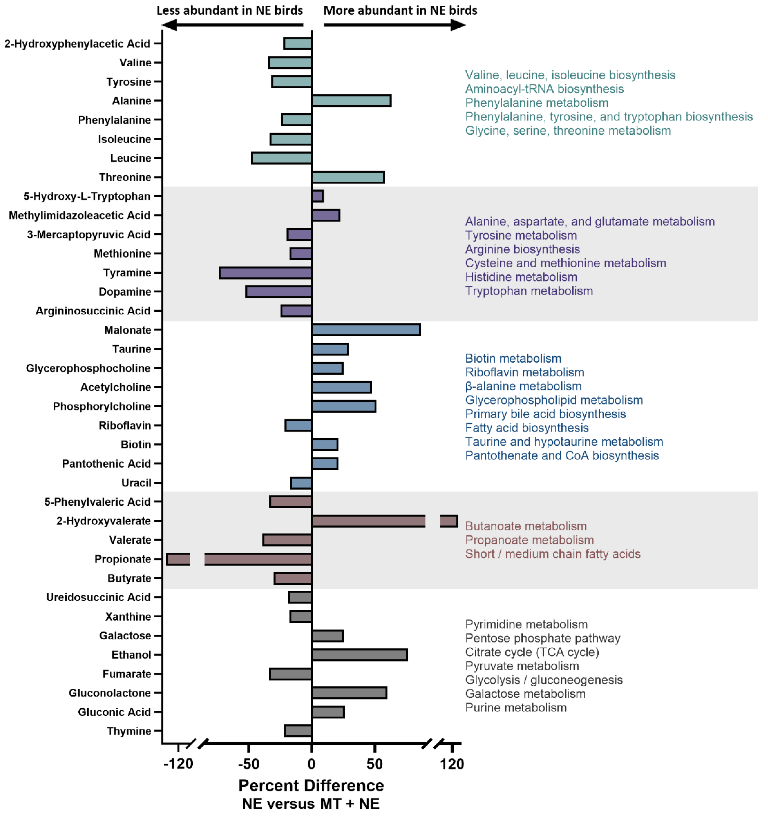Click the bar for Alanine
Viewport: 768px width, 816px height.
click(351, 101)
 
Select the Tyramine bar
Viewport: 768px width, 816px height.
click(266, 273)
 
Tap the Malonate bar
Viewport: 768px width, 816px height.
click(366, 330)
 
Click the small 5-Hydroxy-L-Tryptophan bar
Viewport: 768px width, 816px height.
click(318, 196)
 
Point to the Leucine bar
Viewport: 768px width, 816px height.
click(282, 158)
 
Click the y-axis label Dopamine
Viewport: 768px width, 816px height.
click(125, 292)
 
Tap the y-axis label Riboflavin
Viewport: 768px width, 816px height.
click(125, 426)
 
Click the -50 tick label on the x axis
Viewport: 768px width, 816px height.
click(249, 764)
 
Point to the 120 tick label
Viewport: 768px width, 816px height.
click(452, 764)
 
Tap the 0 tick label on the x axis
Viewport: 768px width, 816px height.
click(311, 764)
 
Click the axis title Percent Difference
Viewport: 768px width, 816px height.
click(311, 786)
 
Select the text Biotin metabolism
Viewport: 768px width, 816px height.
click(513, 359)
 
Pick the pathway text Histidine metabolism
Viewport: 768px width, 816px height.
click(521, 277)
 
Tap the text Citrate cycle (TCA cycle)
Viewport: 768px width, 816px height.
click(532, 652)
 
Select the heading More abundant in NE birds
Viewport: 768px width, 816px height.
click(400, 10)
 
